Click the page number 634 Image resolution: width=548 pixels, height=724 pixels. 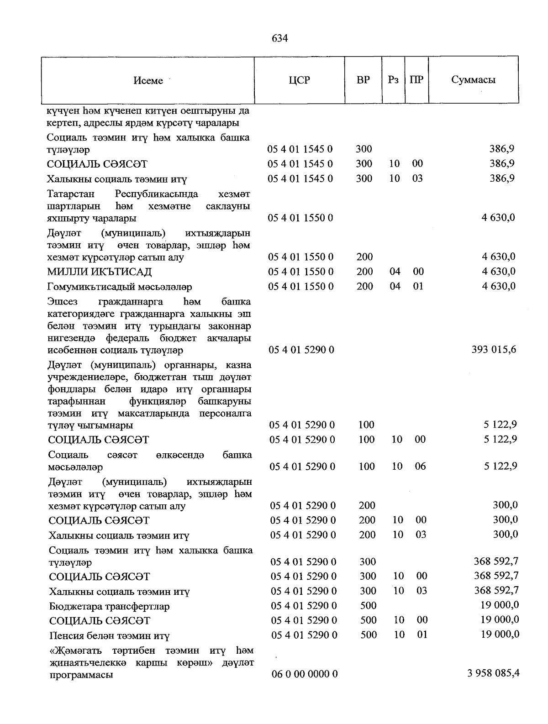click(279, 38)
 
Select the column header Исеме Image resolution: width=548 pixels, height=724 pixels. click(148, 81)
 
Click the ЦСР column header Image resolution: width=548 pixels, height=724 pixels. click(299, 80)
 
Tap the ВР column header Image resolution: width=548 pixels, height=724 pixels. click(363, 80)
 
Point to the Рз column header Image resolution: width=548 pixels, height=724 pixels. click(393, 80)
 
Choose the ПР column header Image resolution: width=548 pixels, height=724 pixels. click(416, 80)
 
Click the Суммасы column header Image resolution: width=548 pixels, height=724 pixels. click(473, 80)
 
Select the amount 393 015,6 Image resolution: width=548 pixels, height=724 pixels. click(494, 350)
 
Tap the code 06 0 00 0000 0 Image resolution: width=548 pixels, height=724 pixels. click(305, 674)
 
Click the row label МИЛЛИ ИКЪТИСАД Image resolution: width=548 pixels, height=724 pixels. click(100, 272)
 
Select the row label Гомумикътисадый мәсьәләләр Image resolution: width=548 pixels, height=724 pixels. click(120, 287)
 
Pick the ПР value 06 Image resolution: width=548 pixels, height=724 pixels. click(420, 466)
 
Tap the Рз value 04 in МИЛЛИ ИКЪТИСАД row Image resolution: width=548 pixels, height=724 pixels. click(395, 272)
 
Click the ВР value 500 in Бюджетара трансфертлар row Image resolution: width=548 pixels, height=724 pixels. click(369, 605)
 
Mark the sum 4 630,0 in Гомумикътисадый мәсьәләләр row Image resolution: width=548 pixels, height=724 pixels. click(498, 286)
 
